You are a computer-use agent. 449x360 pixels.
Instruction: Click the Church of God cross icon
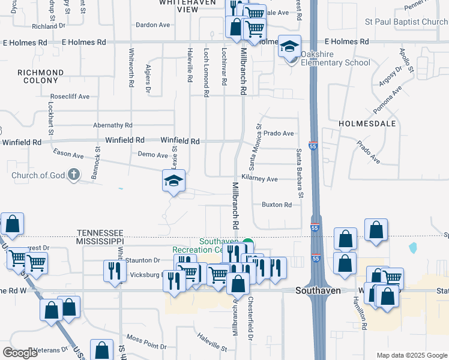coord(73,175)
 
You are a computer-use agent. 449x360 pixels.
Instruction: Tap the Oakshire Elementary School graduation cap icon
coord(289,47)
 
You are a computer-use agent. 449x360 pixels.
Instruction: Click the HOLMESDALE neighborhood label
coord(367,123)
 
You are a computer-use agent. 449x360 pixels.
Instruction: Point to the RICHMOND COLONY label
coord(41,77)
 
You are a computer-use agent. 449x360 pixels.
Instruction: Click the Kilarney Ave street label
coord(259,179)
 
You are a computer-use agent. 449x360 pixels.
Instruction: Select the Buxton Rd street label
coord(277,205)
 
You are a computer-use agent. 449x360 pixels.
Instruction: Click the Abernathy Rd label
coord(112,125)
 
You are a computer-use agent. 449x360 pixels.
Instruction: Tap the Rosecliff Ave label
coord(70,96)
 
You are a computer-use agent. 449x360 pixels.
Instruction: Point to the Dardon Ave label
coord(153,25)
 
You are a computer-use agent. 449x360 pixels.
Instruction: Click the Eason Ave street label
coord(68,155)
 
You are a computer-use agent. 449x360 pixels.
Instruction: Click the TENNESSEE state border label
coord(100,232)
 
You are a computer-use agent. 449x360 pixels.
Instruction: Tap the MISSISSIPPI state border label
coord(100,241)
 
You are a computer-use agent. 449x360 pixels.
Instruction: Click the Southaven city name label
coord(319,290)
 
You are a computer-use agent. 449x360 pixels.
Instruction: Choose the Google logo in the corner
coord(20,352)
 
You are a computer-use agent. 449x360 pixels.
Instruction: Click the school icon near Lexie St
coord(173,181)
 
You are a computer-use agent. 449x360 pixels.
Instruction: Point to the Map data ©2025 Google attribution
coord(411,355)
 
